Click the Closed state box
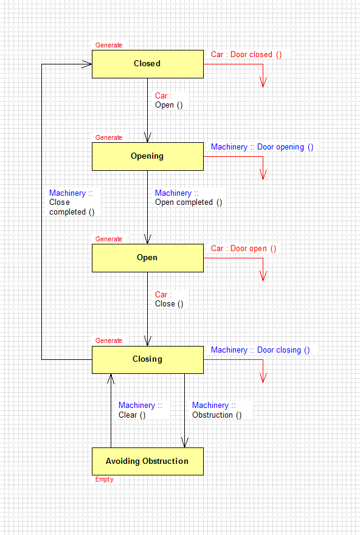(x=148, y=64)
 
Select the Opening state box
(x=148, y=157)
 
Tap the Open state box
(x=148, y=258)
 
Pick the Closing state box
(x=148, y=360)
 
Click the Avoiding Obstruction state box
(x=148, y=461)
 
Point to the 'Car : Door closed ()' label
(x=246, y=55)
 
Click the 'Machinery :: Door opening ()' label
(x=262, y=147)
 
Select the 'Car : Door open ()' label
(x=243, y=249)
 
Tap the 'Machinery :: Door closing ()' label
(x=260, y=350)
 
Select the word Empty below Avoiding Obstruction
(x=105, y=480)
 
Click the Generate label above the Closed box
(x=108, y=45)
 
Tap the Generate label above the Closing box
(x=108, y=340)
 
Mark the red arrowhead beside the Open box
(x=263, y=276)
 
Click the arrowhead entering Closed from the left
(x=87, y=64)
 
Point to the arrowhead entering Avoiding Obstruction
(x=185, y=443)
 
